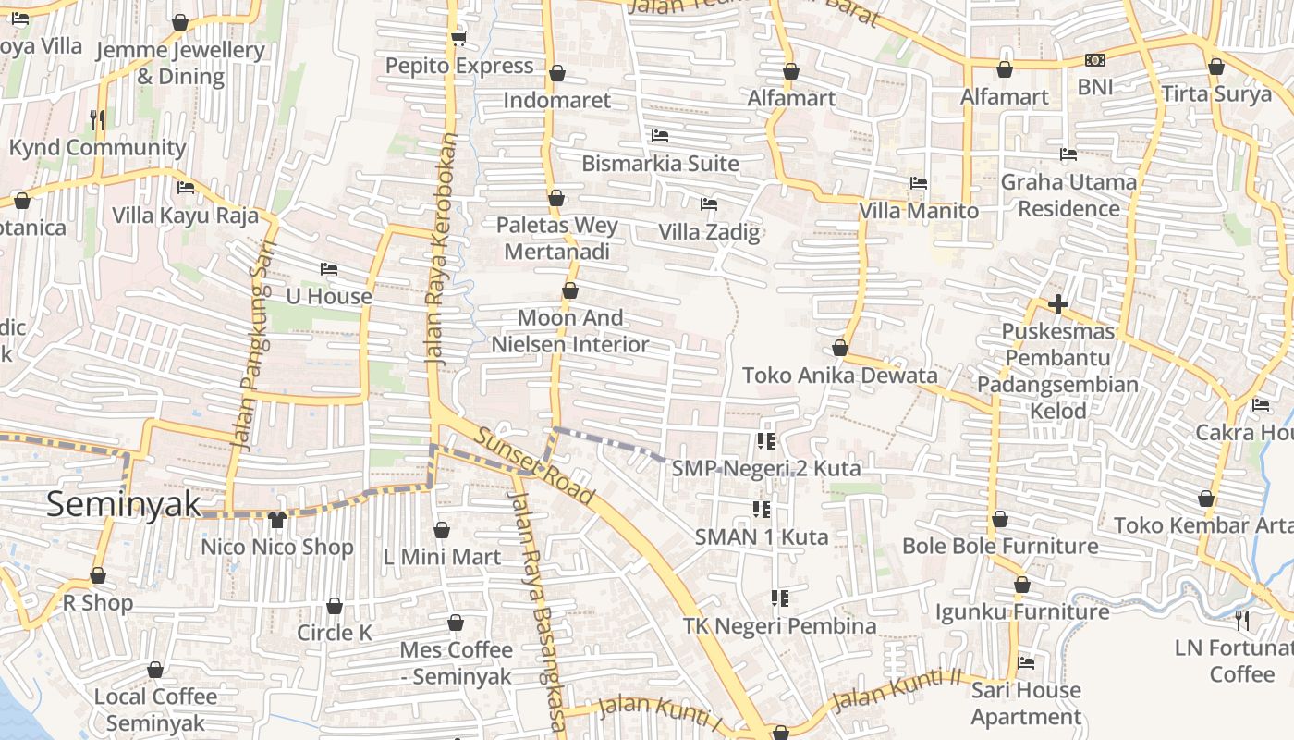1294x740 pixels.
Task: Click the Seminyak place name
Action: click(123, 504)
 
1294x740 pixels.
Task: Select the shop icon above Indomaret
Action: click(557, 73)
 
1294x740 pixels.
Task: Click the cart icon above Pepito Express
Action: click(458, 38)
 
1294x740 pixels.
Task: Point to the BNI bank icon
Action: click(1095, 61)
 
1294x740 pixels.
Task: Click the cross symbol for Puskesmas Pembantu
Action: click(1058, 303)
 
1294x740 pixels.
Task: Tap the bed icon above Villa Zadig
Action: click(709, 203)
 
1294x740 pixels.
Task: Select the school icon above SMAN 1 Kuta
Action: click(762, 509)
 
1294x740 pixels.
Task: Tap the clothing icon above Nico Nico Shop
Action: click(276, 520)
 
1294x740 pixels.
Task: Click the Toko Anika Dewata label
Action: click(840, 376)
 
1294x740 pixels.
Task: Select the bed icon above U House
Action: click(328, 269)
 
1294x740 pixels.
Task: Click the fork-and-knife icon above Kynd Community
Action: click(97, 119)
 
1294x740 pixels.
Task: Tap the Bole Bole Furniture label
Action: click(1000, 546)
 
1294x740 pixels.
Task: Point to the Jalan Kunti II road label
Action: click(896, 689)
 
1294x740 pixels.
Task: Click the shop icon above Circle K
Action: click(335, 606)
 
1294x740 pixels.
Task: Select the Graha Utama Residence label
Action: click(1068, 195)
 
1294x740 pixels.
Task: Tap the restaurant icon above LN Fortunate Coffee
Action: click(1242, 620)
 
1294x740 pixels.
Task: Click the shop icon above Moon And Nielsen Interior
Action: click(570, 291)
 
